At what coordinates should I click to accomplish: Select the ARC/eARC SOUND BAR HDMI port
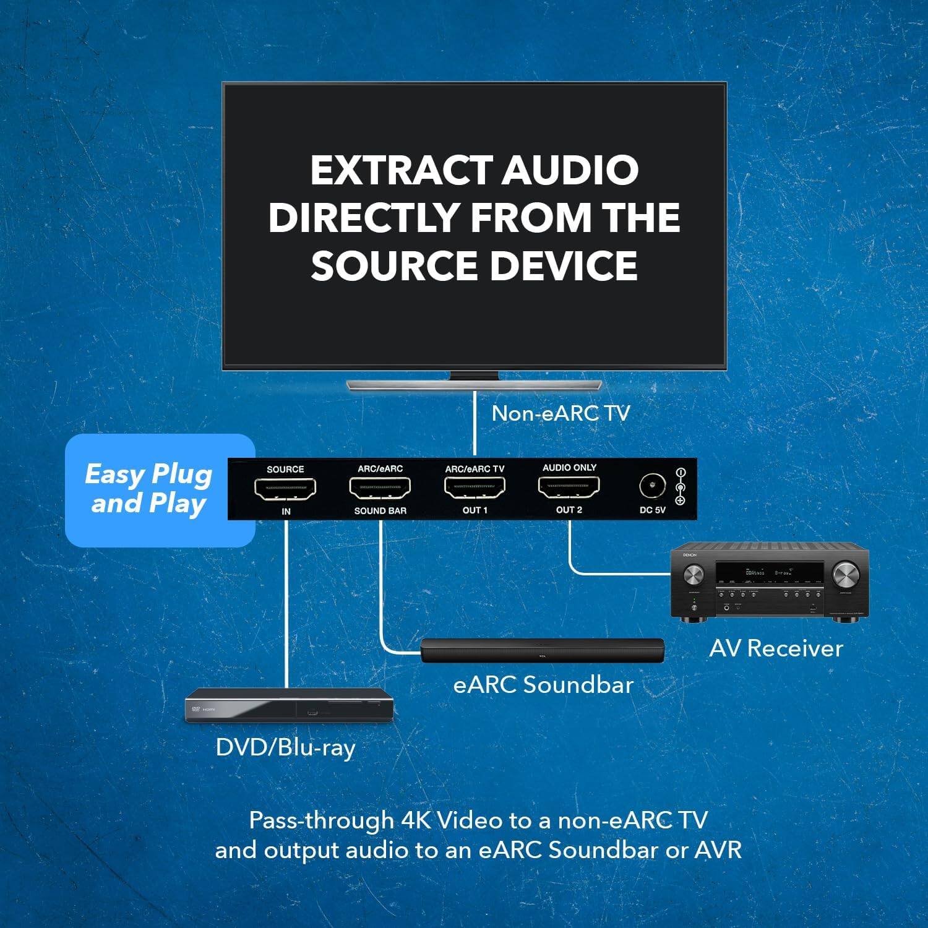point(380,489)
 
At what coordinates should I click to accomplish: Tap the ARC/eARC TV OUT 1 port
point(475,488)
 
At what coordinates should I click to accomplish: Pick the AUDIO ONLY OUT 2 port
point(569,488)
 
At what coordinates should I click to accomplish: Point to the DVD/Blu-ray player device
point(290,706)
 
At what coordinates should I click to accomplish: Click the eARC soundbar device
point(543,650)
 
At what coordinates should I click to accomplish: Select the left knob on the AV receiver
point(694,575)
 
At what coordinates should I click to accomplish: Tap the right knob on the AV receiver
point(845,575)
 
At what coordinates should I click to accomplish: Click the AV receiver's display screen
point(768,573)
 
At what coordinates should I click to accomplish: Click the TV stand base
point(474,385)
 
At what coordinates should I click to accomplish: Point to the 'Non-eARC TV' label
point(561,413)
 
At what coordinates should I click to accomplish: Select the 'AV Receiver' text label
point(776,648)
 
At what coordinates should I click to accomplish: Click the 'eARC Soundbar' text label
point(543,685)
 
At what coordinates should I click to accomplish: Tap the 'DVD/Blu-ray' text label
point(285,747)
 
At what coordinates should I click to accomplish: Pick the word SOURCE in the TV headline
point(393,265)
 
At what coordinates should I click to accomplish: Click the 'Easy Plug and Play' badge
point(148,489)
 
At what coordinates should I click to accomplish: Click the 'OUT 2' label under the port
point(569,510)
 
